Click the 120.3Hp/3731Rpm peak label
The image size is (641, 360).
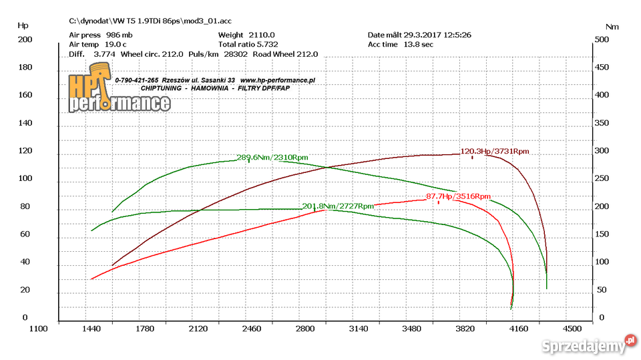(495, 152)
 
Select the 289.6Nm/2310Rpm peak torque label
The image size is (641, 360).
(272, 158)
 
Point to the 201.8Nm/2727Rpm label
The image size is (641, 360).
(338, 206)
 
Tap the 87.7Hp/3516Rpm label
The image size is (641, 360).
(458, 196)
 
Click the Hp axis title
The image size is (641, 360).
(23, 25)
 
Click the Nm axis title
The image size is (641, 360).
(612, 27)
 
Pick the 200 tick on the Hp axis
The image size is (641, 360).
(25, 39)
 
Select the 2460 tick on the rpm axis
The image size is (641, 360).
(252, 329)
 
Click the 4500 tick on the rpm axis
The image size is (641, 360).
(572, 329)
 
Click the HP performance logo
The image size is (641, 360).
(118, 94)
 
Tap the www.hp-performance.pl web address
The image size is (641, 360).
(277, 80)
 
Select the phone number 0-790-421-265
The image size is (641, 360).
(137, 80)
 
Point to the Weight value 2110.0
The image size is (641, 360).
(261, 35)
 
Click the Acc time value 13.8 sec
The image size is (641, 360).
(418, 44)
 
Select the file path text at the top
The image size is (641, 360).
(151, 21)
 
